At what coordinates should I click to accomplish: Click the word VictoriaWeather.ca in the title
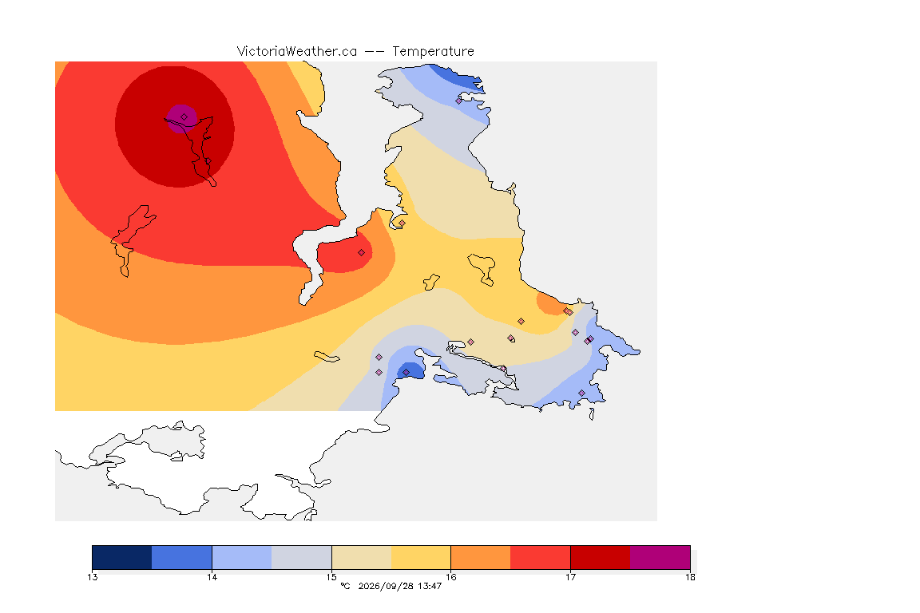pos(297,52)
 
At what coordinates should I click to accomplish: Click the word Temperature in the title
pos(433,52)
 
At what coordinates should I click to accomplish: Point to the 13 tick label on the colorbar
pos(92,577)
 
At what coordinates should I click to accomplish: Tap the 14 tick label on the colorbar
pos(212,577)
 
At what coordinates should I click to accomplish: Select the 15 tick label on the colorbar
pos(331,577)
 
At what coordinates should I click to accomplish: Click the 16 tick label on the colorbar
pos(450,577)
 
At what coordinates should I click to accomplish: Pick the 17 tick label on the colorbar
pos(570,577)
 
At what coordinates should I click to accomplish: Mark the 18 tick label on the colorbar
pos(690,577)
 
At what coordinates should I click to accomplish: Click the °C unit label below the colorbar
pos(345,586)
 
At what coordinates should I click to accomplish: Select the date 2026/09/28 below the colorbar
pos(385,586)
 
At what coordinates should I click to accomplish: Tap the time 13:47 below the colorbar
pos(430,586)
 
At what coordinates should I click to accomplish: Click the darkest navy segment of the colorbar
pos(122,557)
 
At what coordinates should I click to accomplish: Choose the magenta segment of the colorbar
pos(660,557)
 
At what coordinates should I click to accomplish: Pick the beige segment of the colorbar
pos(362,557)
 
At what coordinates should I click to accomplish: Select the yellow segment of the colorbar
pos(421,557)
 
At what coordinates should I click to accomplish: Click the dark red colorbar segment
pos(601,557)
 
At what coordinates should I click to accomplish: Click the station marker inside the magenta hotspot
pos(184,117)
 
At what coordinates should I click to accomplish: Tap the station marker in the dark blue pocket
pos(406,373)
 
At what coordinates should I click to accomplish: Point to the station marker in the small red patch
pos(362,253)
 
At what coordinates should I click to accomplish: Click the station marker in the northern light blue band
pos(459,101)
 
